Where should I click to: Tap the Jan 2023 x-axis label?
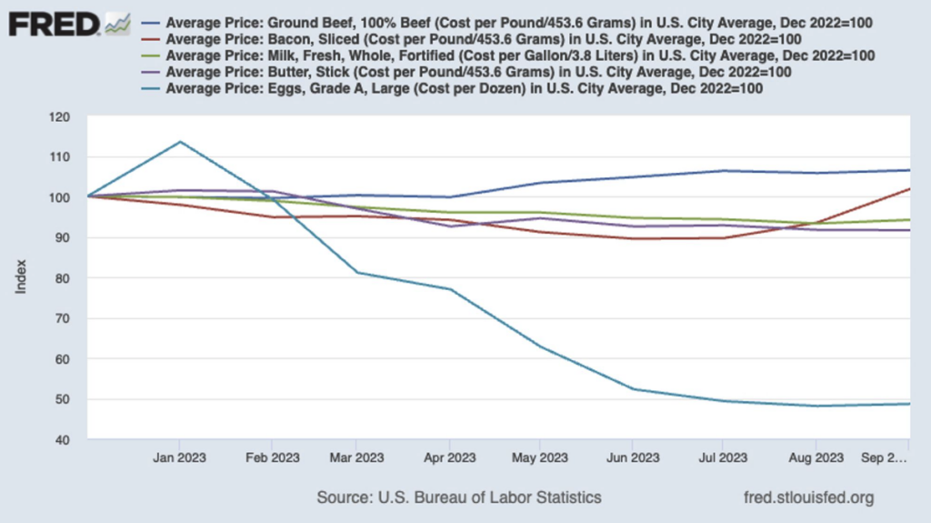pos(178,458)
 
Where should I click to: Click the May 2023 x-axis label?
pos(540,458)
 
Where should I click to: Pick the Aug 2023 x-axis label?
pos(815,458)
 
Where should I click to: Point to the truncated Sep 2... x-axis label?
pos(885,458)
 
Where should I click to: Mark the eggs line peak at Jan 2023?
pos(179,142)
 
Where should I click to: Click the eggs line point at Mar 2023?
pos(356,273)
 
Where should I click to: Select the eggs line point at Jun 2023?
pos(633,389)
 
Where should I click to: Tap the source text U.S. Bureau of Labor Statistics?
pos(458,498)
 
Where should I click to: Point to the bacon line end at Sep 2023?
pos(908,189)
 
